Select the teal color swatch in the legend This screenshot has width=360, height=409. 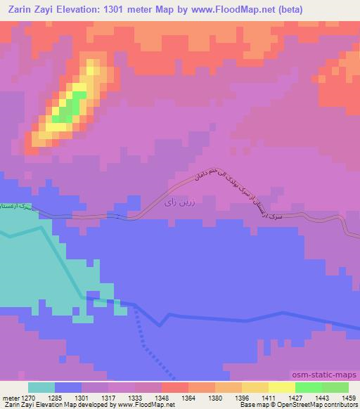[x=41, y=387]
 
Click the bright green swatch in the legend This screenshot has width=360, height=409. [x=308, y=387]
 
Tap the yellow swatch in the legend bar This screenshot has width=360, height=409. [x=281, y=387]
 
